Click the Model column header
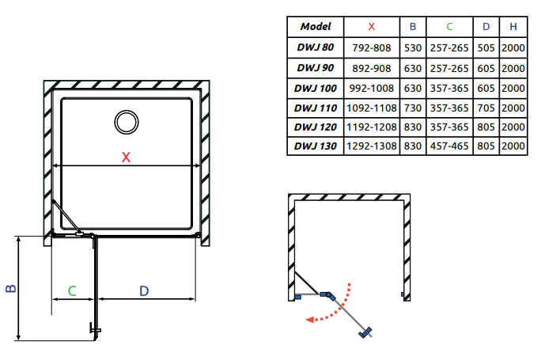click(x=316, y=27)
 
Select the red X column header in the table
click(x=372, y=27)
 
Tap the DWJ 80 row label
click(x=316, y=47)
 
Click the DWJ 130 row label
click(x=316, y=146)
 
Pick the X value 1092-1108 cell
click(x=372, y=107)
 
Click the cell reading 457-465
click(x=449, y=146)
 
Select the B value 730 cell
click(x=412, y=107)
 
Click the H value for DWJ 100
click(x=513, y=87)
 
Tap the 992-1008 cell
click(x=372, y=87)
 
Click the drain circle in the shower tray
click(x=125, y=121)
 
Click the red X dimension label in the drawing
click(x=125, y=157)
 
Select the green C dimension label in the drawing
click(x=72, y=290)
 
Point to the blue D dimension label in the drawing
click(x=143, y=290)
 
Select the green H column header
click(x=513, y=27)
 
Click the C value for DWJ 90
click(x=449, y=67)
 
